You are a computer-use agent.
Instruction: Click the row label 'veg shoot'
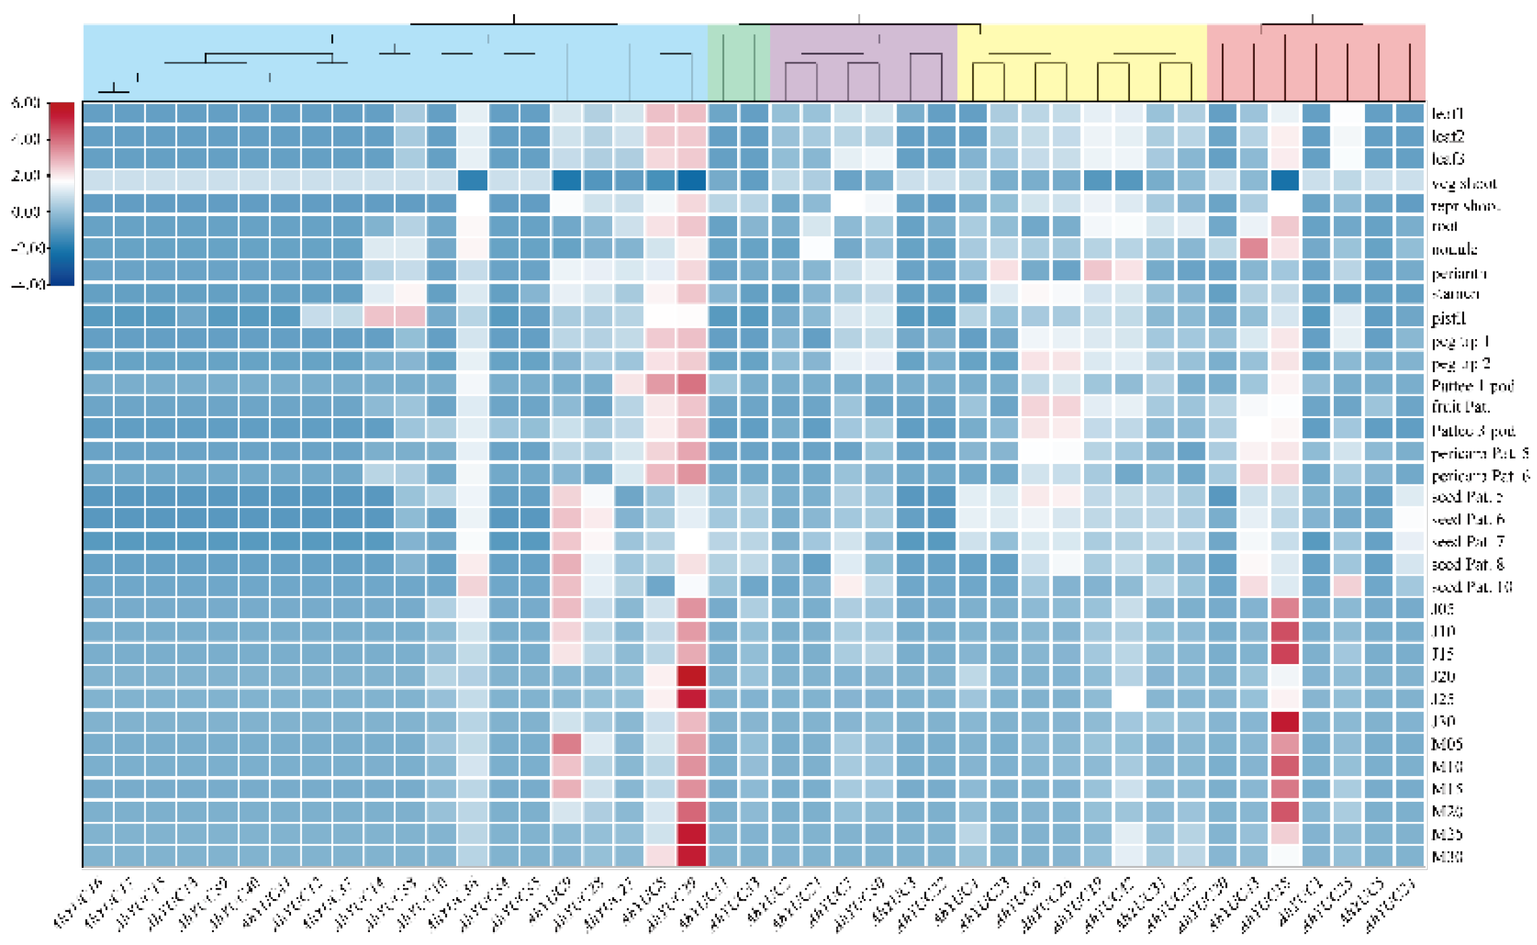click(x=1463, y=183)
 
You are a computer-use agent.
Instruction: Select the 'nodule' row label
click(x=1454, y=249)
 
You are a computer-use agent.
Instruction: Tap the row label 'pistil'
click(x=1448, y=317)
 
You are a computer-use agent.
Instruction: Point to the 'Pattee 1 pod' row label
click(x=1472, y=386)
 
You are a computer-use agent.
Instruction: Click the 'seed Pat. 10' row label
click(x=1471, y=586)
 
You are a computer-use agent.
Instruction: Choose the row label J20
click(x=1443, y=676)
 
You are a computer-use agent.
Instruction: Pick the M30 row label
click(x=1447, y=857)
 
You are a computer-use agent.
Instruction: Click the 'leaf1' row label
click(x=1447, y=113)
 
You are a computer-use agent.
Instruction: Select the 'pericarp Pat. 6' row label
click(x=1480, y=476)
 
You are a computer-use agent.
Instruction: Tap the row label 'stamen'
click(x=1455, y=294)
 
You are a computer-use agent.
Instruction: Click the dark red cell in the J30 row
click(x=1285, y=721)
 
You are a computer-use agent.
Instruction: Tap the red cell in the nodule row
click(x=1253, y=249)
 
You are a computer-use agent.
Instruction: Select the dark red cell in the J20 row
click(x=691, y=676)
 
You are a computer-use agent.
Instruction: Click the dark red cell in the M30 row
click(x=691, y=856)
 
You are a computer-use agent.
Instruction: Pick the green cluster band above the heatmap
click(x=738, y=62)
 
